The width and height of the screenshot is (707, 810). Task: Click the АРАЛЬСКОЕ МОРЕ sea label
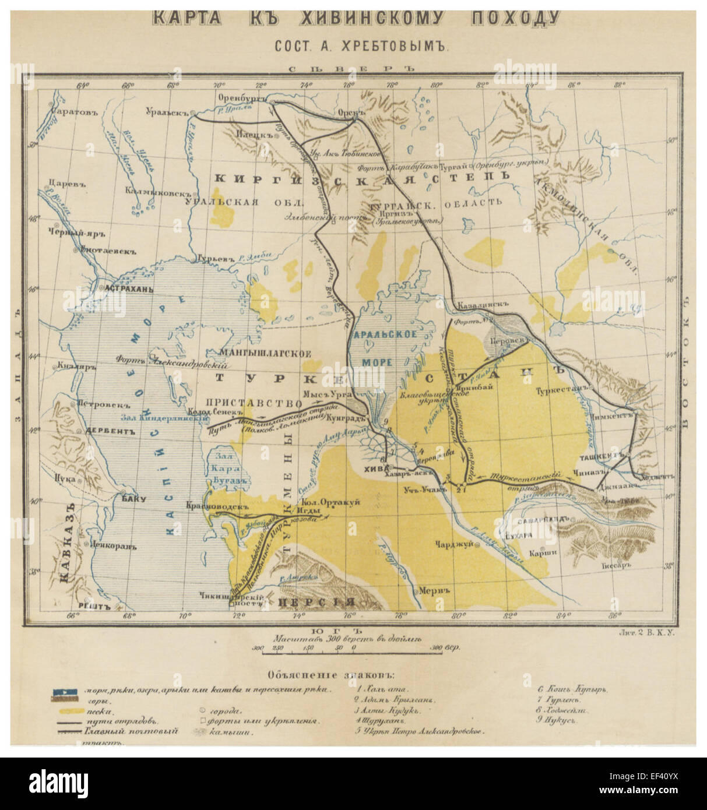tap(385, 348)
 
